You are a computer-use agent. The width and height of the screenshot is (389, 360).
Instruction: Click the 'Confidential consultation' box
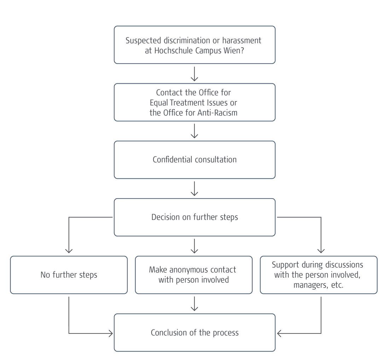click(194, 160)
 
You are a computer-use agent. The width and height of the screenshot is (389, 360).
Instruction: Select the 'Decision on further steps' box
click(194, 217)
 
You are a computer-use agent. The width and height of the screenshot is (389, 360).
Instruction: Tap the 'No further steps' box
click(69, 275)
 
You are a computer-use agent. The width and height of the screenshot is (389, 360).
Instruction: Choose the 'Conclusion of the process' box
click(194, 332)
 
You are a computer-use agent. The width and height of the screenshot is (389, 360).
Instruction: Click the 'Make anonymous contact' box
click(193, 275)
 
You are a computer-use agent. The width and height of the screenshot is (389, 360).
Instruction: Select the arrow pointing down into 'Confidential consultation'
click(194, 131)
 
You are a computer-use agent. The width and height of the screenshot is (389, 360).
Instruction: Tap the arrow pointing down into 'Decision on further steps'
click(194, 188)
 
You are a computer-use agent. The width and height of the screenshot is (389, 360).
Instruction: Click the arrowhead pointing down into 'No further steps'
click(69, 250)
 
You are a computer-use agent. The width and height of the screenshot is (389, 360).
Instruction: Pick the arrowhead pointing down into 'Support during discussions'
click(321, 250)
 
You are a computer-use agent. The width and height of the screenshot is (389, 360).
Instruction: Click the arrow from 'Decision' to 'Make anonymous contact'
click(194, 246)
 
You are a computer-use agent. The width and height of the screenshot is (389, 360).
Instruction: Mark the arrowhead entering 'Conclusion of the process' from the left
click(110, 333)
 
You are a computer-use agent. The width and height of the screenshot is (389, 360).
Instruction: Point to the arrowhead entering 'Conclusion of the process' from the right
click(279, 333)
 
